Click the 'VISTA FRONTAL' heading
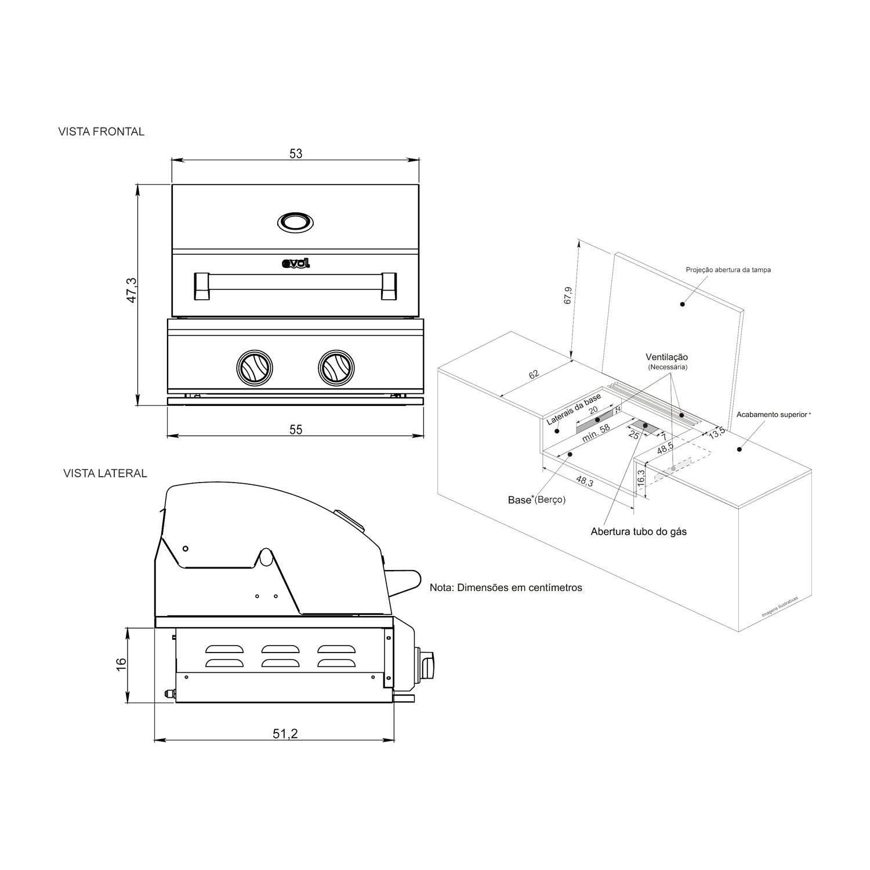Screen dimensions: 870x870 101,132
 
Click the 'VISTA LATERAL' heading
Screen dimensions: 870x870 105,473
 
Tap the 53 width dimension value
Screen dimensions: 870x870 296,154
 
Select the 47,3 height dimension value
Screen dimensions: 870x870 132,290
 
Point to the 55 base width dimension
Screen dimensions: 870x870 296,430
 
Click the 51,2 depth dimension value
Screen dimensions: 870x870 285,734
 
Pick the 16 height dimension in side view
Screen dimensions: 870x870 121,664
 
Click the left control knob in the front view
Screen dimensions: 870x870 254,368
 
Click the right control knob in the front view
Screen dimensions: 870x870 336,368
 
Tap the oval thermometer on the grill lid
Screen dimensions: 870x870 296,222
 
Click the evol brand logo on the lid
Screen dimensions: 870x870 296,264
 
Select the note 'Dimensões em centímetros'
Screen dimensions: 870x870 506,588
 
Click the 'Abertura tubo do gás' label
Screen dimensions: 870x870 639,531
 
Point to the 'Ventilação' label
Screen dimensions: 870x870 667,357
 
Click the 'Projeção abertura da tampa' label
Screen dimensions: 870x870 728,270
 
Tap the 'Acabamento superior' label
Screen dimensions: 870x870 773,415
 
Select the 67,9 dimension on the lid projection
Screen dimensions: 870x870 568,295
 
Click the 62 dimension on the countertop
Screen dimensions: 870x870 534,374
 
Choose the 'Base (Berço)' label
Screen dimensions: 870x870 536,499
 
